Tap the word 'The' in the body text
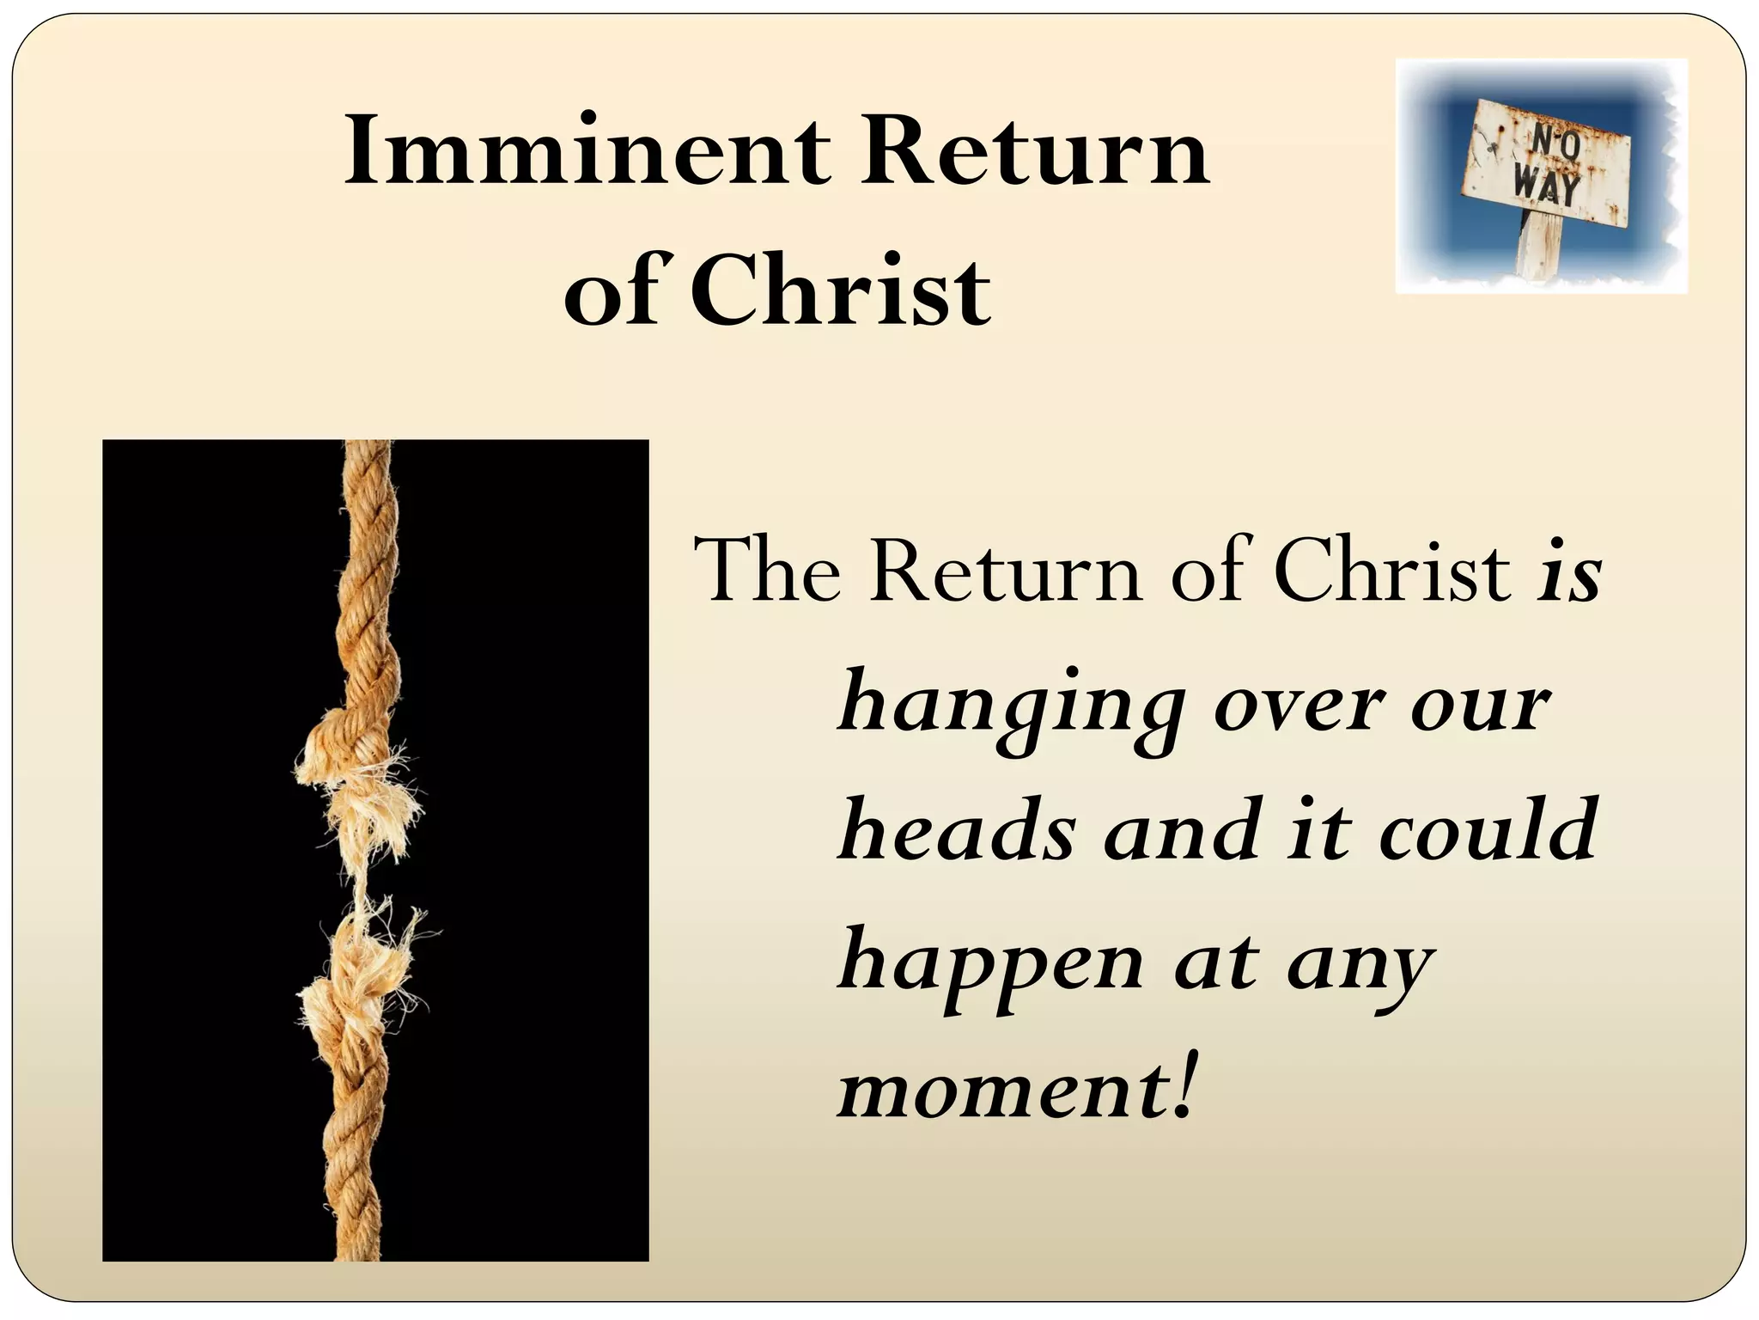pyautogui.click(x=768, y=570)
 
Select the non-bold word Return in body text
pyautogui.click(x=1005, y=570)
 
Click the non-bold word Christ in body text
pyautogui.click(x=1392, y=570)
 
